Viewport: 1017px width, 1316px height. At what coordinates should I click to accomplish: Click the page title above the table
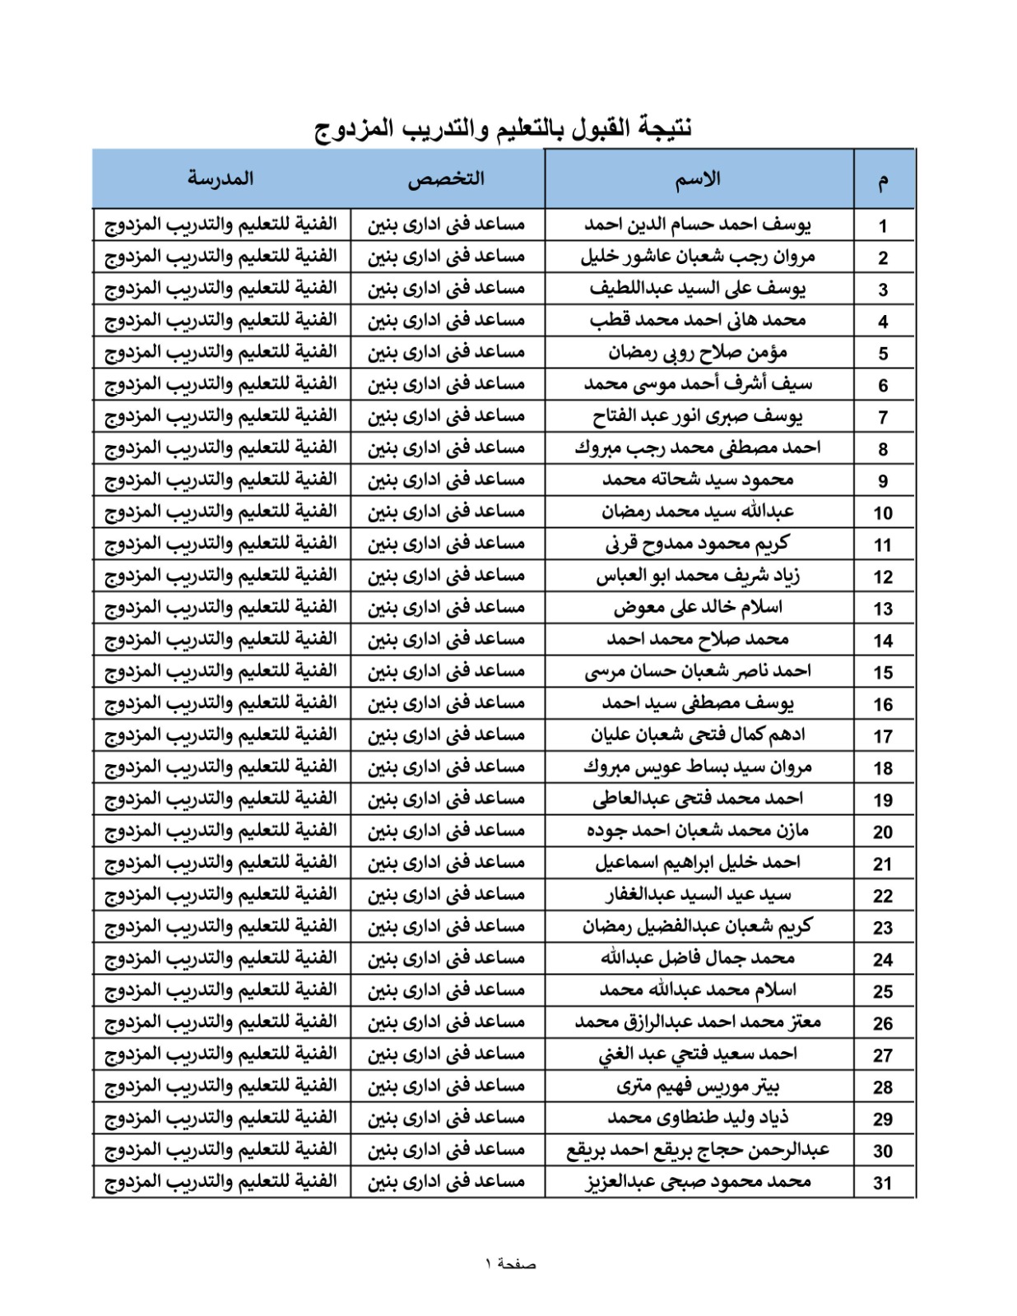pos(504,128)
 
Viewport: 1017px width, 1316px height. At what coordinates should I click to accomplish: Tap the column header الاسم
pos(698,179)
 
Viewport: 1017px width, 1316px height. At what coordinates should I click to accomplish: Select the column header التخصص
pos(446,179)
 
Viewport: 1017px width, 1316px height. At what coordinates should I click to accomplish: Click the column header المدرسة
pos(221,178)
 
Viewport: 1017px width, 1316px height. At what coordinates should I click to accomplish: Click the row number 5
pos(883,354)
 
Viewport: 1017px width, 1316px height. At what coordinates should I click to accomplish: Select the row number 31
pos(883,1184)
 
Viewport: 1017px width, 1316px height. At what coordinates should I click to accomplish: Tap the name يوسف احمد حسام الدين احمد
pos(698,225)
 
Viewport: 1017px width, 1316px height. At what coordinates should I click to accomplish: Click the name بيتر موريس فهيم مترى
pos(698,1087)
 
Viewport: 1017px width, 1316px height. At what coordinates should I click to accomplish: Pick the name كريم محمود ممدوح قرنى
pos(698,544)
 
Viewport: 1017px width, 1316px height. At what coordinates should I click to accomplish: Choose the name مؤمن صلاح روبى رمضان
pos(698,352)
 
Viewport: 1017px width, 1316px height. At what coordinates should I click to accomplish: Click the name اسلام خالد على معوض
pos(698,608)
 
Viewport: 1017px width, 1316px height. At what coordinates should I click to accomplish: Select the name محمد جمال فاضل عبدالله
pos(698,958)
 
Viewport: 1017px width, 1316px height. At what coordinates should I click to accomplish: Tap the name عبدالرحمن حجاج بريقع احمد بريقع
pos(698,1150)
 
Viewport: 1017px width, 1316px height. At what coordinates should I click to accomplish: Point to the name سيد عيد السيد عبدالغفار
pos(698,895)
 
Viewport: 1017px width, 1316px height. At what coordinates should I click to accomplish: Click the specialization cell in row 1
pos(446,225)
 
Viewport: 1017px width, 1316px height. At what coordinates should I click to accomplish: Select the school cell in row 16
pos(221,703)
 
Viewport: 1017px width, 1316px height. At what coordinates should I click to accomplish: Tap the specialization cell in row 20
pos(446,831)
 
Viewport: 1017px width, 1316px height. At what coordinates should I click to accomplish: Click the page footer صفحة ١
pos(510,1264)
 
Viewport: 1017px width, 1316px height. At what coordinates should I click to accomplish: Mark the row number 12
pos(883,577)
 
